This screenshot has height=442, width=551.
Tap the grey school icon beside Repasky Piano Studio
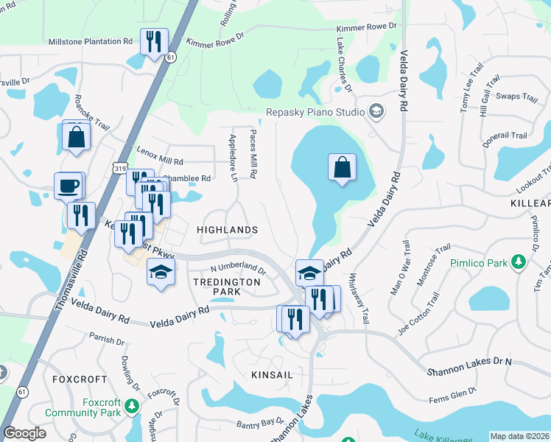(376, 112)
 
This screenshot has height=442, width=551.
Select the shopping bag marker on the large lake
(343, 168)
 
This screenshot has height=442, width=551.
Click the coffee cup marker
(69, 186)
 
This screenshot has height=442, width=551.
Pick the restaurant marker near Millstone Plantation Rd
(154, 42)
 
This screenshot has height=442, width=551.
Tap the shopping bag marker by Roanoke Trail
(77, 137)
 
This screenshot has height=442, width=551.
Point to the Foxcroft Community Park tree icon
(131, 406)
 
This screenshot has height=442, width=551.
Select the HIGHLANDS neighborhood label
(228, 230)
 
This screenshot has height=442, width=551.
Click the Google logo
(24, 433)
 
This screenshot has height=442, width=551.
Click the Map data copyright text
(519, 436)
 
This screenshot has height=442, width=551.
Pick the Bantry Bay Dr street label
(260, 422)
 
